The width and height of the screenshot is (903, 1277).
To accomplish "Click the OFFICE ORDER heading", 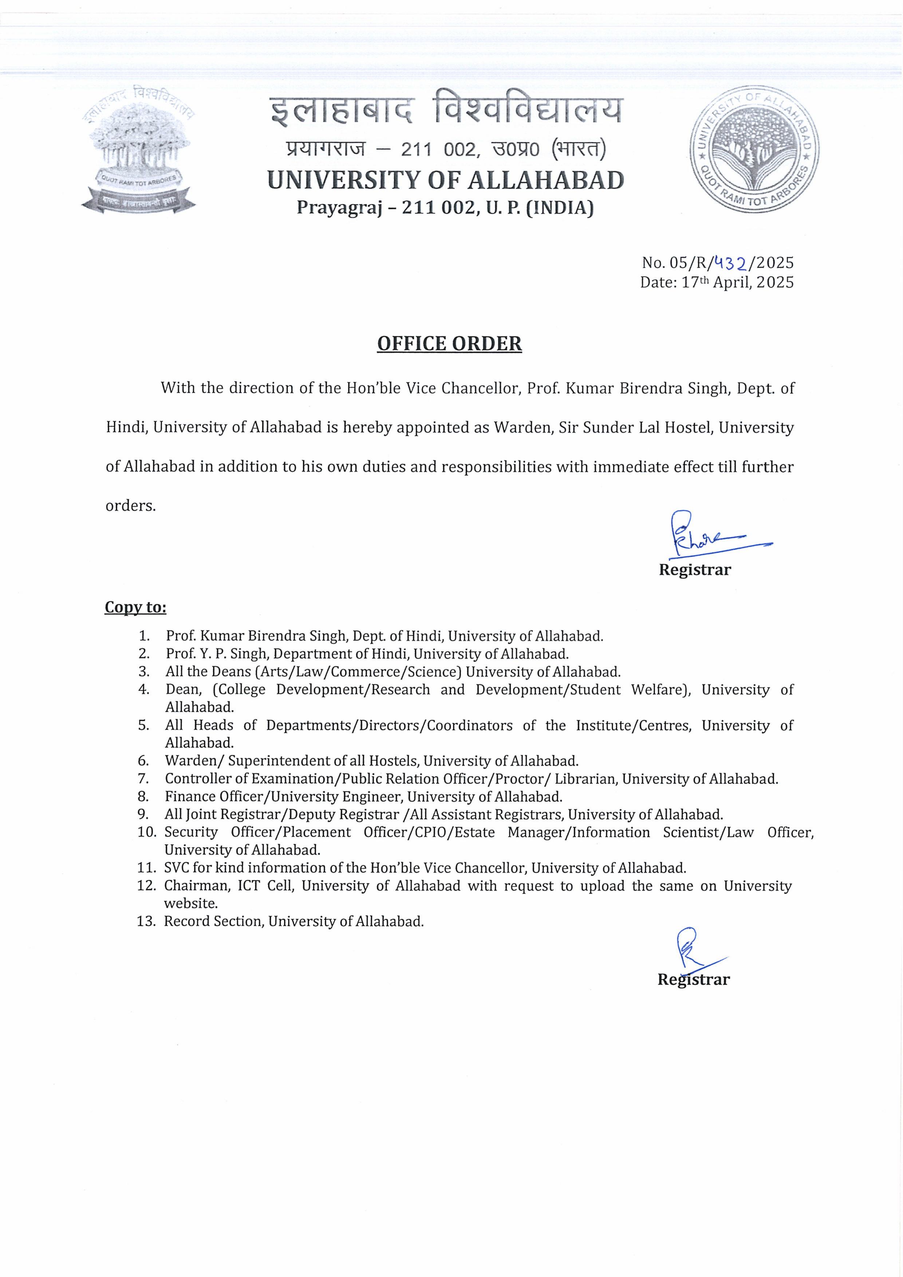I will (x=450, y=344).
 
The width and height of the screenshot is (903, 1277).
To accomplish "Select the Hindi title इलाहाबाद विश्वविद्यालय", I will (x=446, y=111).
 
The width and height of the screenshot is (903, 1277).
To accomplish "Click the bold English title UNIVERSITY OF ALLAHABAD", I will (x=446, y=180).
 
